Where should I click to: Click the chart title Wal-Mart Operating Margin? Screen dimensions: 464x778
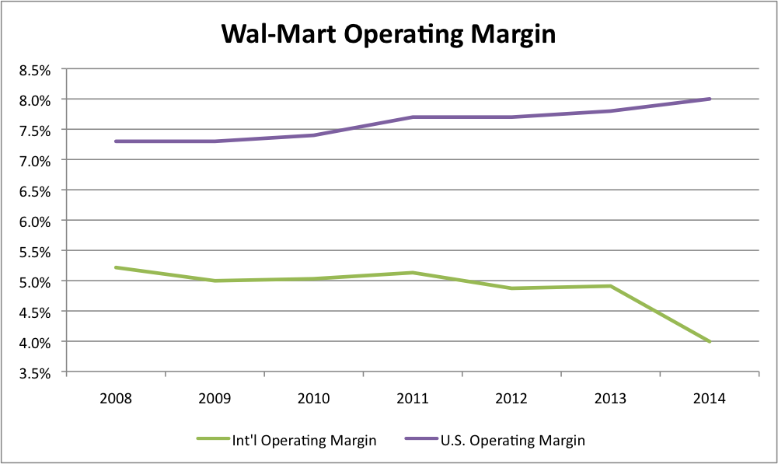point(389,34)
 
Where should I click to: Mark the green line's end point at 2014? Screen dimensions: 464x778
point(710,342)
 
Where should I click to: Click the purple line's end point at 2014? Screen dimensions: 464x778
point(710,99)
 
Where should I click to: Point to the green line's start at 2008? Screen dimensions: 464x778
point(116,267)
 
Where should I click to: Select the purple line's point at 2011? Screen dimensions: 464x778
point(413,117)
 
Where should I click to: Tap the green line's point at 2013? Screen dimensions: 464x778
point(611,286)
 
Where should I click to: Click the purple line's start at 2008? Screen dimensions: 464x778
point(116,141)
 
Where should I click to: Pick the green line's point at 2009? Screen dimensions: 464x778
point(215,281)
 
